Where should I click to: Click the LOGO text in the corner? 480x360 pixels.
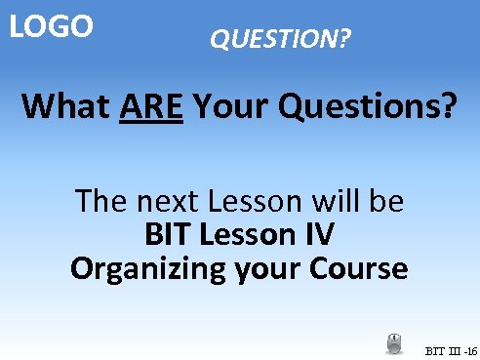click(51, 26)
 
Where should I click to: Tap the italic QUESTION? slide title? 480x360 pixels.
click(281, 40)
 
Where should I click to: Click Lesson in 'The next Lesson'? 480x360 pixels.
click(252, 202)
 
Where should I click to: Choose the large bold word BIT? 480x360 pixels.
click(170, 235)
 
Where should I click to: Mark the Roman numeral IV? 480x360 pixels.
click(321, 235)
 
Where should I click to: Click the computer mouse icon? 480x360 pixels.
click(394, 343)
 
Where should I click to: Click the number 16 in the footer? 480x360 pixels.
click(470, 349)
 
